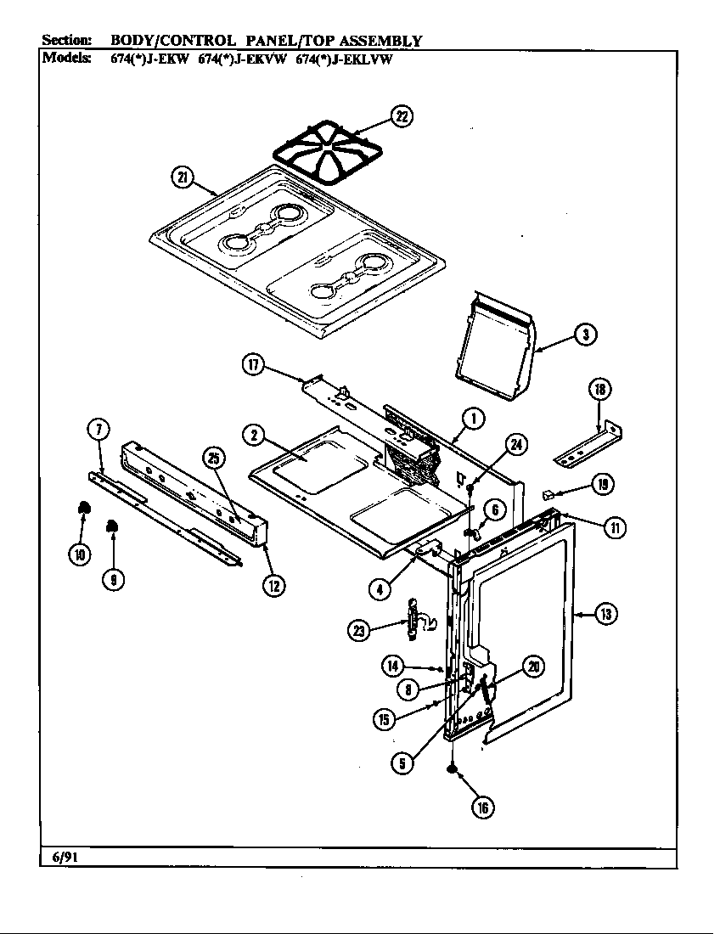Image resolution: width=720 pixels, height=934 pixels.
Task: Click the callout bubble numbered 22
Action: pyautogui.click(x=402, y=116)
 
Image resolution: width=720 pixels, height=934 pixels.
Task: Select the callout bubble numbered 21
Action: pyautogui.click(x=182, y=177)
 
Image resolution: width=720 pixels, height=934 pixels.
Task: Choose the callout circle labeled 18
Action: pyautogui.click(x=599, y=390)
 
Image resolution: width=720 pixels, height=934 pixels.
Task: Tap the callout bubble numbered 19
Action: pyautogui.click(x=602, y=485)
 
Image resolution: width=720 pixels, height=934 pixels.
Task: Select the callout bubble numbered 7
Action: pyautogui.click(x=98, y=429)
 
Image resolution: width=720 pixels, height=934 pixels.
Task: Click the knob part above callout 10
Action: pyautogui.click(x=83, y=508)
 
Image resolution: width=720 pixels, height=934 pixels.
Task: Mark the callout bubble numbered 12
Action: pyautogui.click(x=273, y=585)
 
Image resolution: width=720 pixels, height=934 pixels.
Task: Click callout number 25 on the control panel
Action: pyautogui.click(x=214, y=459)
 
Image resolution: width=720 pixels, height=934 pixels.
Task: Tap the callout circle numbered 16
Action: pyautogui.click(x=482, y=807)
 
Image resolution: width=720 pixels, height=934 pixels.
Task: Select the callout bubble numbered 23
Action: pyautogui.click(x=359, y=629)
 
